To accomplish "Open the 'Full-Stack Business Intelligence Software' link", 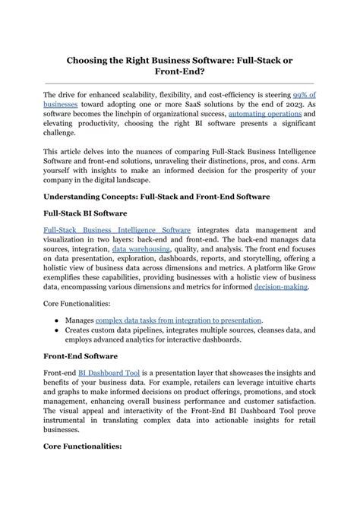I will (117, 229).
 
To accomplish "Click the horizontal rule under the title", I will (179, 84).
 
